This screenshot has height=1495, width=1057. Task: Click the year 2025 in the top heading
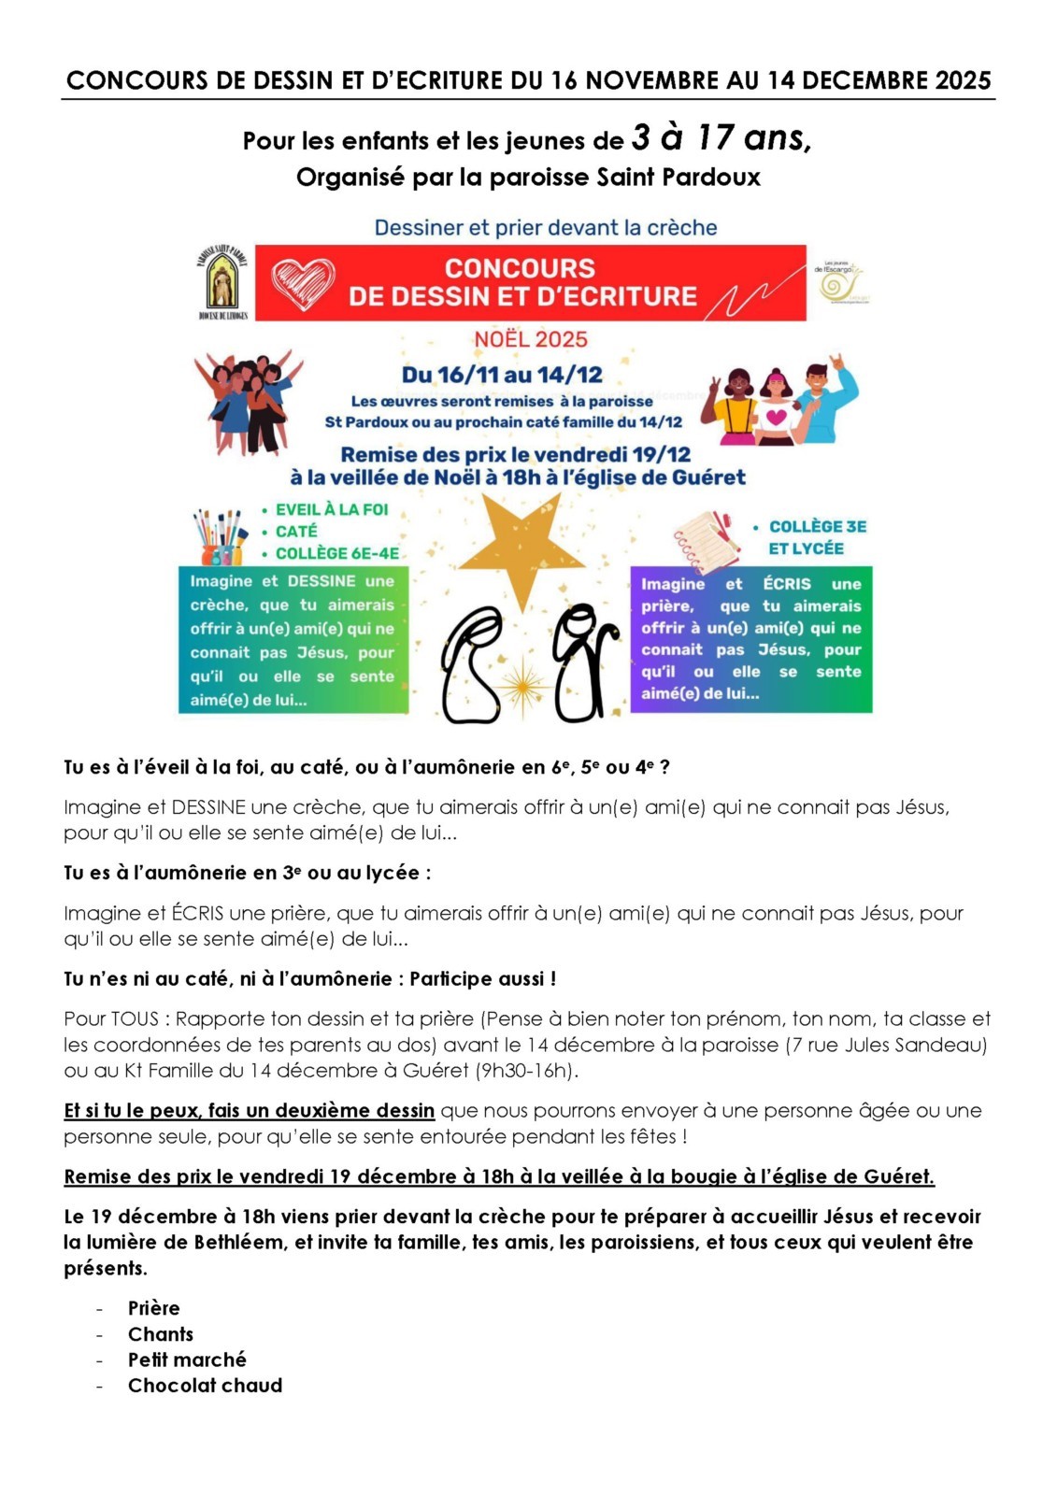962,80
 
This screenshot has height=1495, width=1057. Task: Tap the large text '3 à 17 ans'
721,138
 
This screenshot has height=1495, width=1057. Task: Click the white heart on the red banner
303,284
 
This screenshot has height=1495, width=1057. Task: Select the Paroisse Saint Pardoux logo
222,281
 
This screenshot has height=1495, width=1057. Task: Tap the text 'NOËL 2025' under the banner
530,339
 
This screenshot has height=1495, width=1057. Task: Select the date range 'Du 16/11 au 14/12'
502,375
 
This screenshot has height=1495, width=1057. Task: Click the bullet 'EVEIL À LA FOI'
331,509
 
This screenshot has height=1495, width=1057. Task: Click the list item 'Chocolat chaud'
205,1385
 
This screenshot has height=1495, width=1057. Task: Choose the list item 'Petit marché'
187,1360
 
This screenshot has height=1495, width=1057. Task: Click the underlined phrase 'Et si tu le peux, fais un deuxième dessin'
249,1110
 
